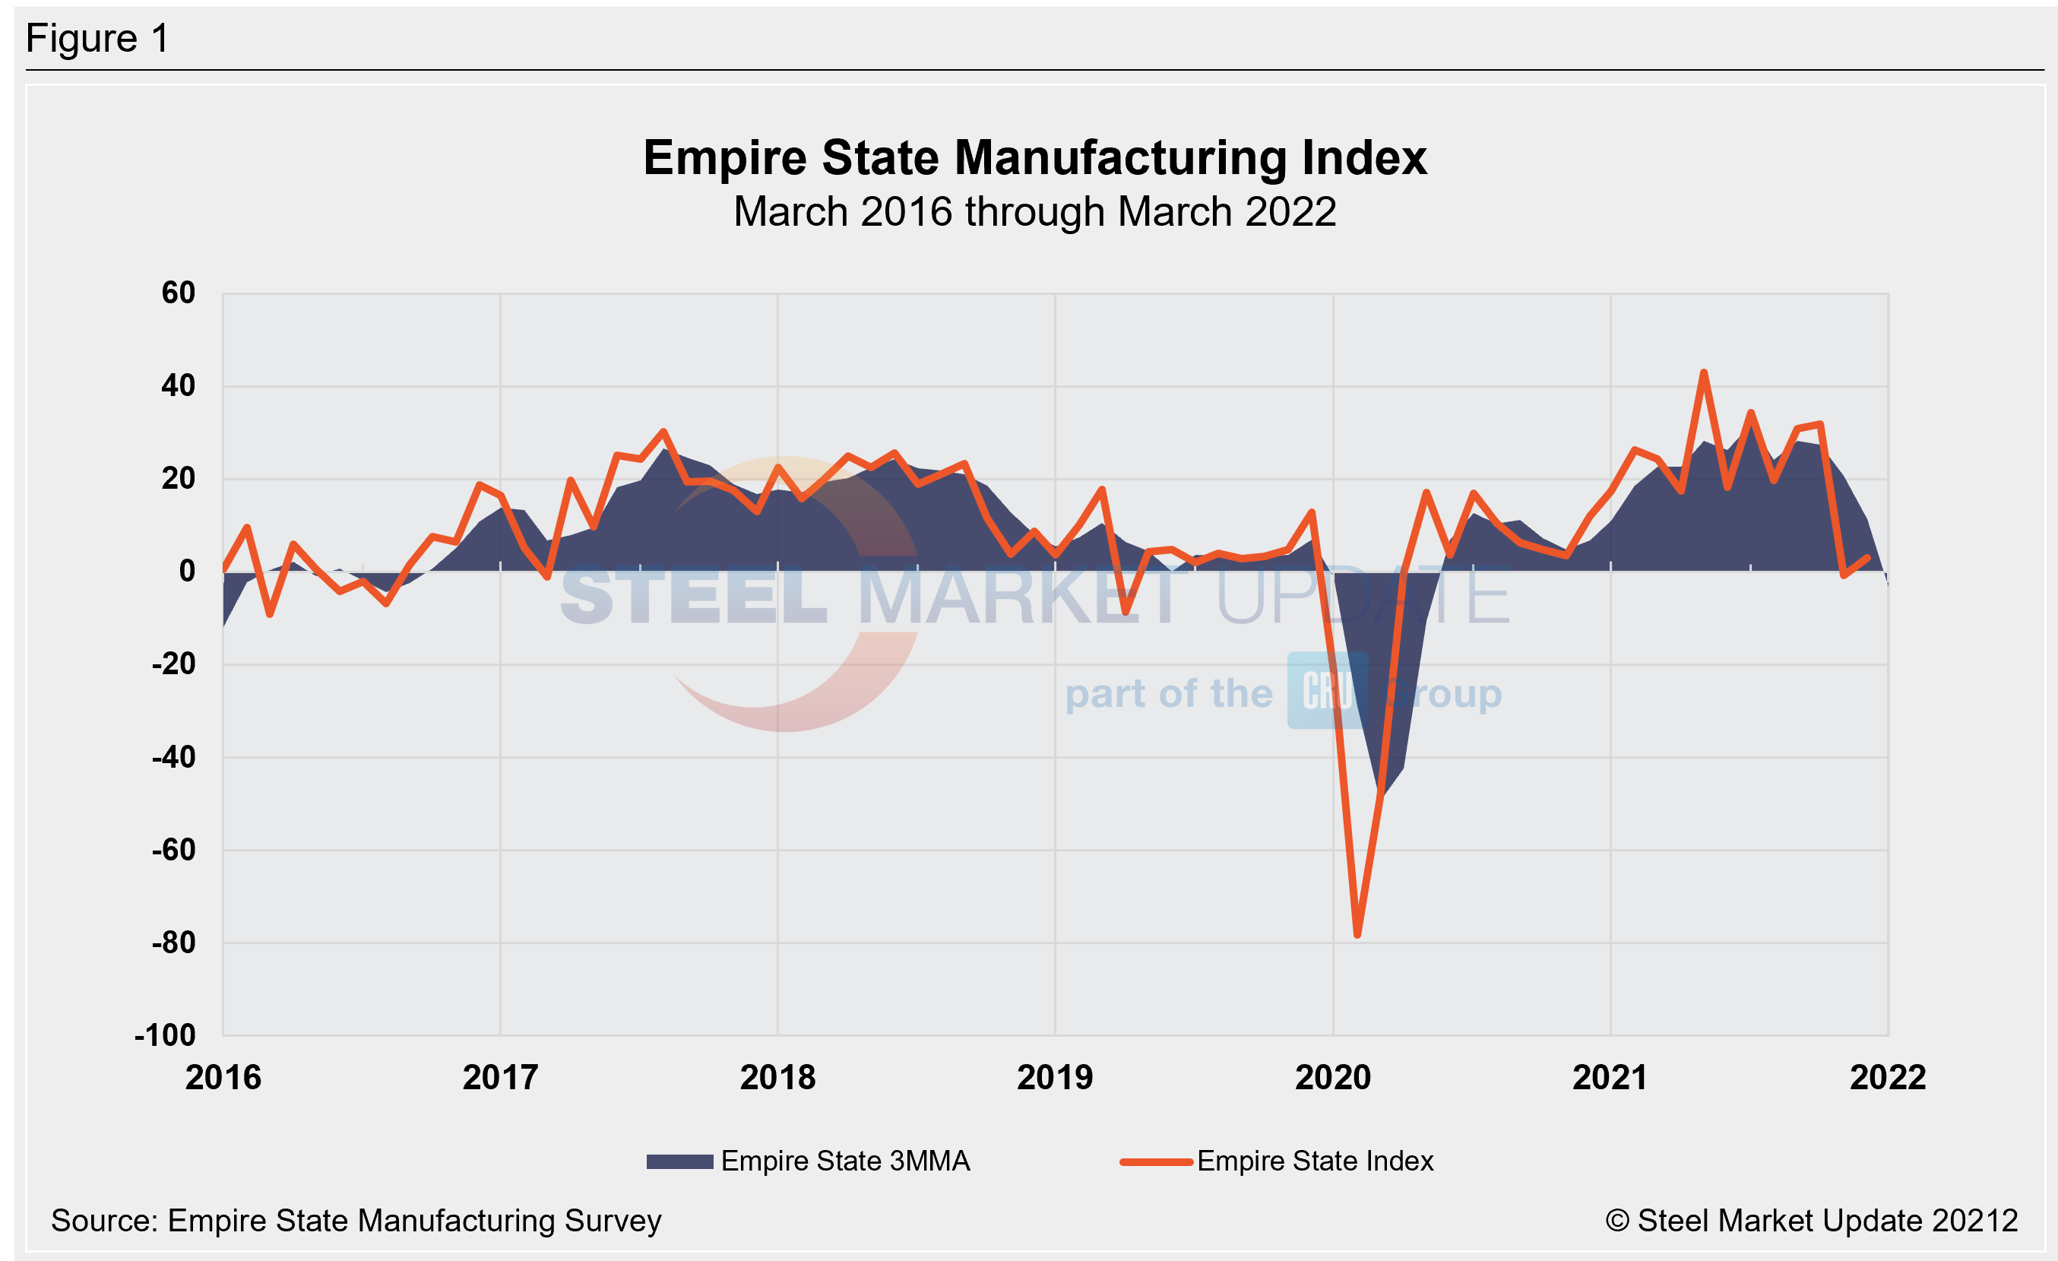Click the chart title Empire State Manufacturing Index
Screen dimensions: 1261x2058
1034,158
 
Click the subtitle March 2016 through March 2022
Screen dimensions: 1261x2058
1034,212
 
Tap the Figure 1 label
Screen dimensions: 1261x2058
98,39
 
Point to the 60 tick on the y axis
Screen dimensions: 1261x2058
178,293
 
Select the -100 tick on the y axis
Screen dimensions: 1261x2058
166,1035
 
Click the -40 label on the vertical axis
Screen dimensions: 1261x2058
174,757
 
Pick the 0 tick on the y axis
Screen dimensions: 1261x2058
187,571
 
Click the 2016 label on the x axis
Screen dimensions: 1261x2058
223,1078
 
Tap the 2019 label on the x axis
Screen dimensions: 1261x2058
1055,1078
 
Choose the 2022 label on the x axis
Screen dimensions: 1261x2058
1888,1078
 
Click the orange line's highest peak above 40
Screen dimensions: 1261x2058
1704,372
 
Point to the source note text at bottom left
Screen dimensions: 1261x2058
356,1221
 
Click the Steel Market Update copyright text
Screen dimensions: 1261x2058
1811,1221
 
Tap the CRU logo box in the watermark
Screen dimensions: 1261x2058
1327,691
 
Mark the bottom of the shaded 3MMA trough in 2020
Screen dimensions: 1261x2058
1381,794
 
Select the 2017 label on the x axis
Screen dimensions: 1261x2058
500,1078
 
